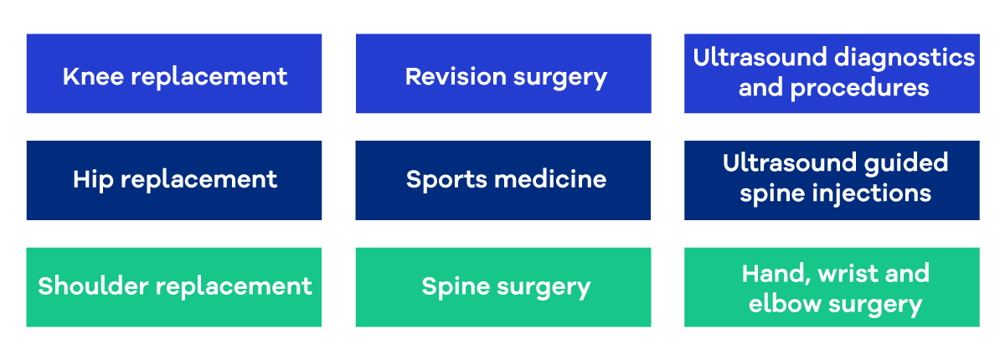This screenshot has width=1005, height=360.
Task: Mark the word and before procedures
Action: click(x=759, y=87)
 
